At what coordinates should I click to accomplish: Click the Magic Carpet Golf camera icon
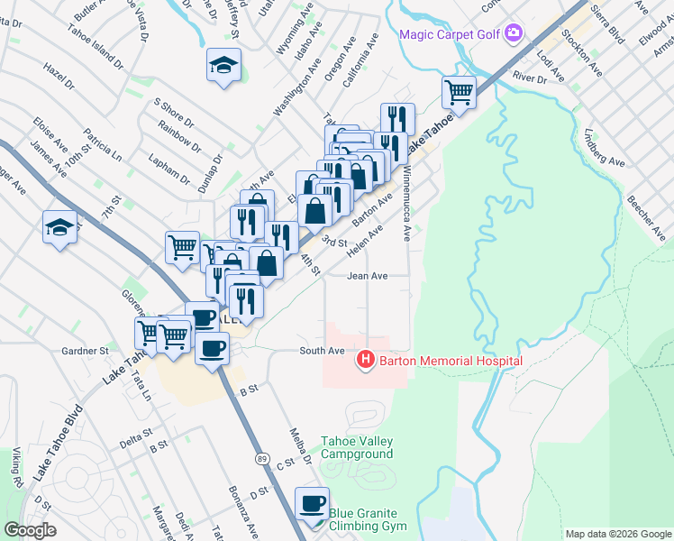514,33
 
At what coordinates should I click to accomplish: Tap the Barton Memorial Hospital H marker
366,361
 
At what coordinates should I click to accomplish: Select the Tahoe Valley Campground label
357,447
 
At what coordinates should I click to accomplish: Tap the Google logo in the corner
30,529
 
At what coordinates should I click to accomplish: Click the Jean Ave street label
368,277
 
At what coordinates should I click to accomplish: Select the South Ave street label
323,350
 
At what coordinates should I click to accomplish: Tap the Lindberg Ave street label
604,147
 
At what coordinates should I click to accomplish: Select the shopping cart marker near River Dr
459,92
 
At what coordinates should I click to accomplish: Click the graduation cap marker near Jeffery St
223,66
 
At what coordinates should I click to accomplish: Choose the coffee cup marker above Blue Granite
313,503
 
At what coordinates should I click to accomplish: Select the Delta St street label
136,444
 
